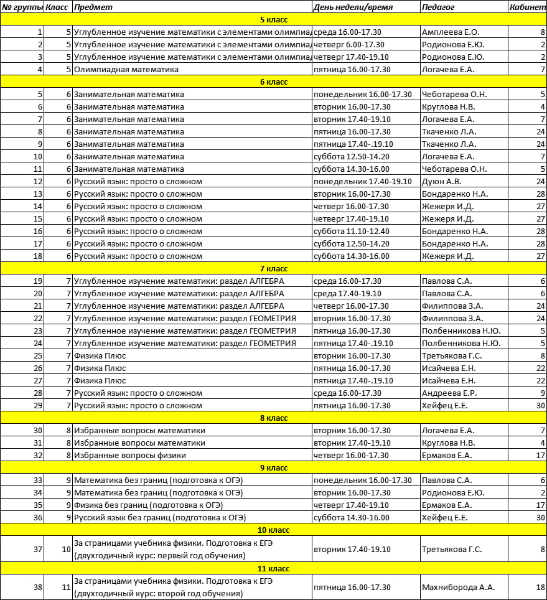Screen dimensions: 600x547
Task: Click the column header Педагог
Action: point(438,7)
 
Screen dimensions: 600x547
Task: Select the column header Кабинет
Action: point(527,7)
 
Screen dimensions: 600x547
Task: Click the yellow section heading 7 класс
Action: point(273,268)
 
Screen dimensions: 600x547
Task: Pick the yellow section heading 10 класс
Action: point(273,530)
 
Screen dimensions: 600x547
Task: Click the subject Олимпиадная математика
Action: point(126,69)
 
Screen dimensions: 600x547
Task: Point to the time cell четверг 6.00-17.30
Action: point(348,44)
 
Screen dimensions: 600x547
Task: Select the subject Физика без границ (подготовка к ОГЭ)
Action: point(148,505)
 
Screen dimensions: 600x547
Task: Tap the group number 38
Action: point(39,587)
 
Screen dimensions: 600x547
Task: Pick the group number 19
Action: point(39,281)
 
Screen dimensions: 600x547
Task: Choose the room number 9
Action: point(543,393)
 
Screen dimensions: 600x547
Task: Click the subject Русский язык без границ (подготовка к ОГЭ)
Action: point(160,517)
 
